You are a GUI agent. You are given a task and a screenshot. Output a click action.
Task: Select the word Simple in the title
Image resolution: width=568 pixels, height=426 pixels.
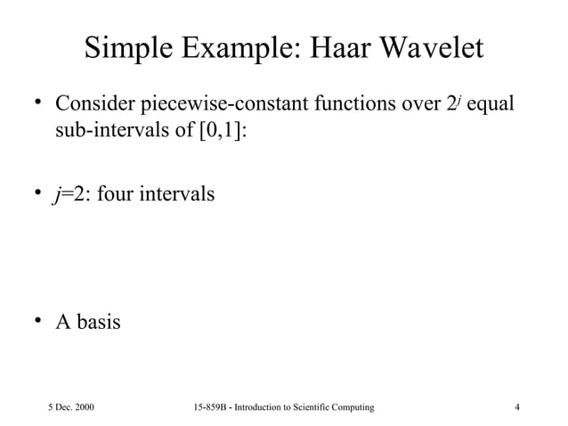[x=127, y=51]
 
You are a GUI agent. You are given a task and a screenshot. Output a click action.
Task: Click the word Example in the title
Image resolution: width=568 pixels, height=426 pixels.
[x=228, y=51]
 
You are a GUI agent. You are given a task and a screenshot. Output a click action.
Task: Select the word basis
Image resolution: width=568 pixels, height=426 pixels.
[x=99, y=322]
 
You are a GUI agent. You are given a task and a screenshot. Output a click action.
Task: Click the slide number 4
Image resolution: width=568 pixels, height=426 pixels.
[x=518, y=407]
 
